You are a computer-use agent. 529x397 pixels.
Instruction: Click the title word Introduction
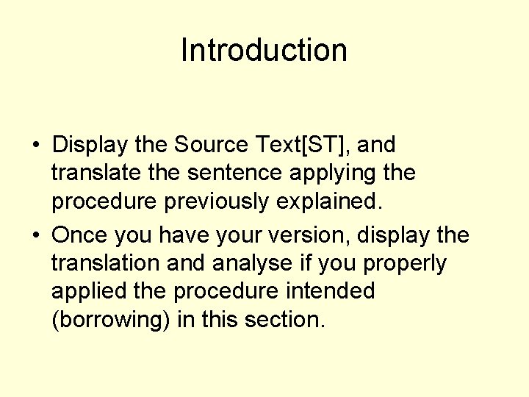pyautogui.click(x=264, y=50)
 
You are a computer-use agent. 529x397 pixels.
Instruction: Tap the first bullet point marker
pyautogui.click(x=36, y=146)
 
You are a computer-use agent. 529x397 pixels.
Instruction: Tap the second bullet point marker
pyautogui.click(x=36, y=236)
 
